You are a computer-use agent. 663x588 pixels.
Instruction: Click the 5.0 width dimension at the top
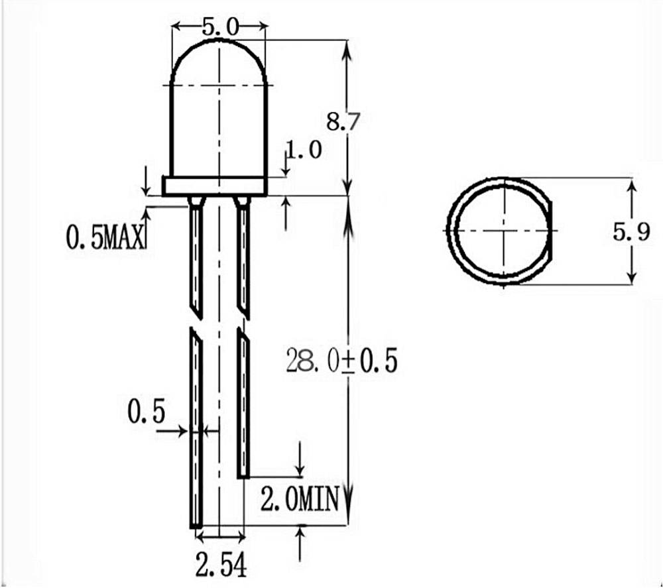[219, 27]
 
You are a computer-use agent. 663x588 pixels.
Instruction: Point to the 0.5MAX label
[105, 236]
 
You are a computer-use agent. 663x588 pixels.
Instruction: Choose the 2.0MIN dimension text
[300, 499]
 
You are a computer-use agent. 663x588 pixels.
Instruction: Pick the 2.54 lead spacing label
[221, 567]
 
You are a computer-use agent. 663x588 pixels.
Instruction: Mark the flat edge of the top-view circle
[550, 230]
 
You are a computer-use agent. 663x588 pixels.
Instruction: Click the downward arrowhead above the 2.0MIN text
[301, 467]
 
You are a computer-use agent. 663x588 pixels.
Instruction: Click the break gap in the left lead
[196, 320]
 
